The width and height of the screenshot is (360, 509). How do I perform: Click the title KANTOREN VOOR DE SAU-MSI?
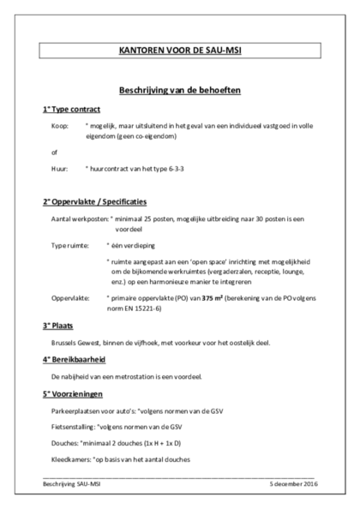179,51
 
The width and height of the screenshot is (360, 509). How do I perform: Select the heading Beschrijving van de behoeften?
179,89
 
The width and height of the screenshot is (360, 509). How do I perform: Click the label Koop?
60,126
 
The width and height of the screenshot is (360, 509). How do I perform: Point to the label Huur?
60,169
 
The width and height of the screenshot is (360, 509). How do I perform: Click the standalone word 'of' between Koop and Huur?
54,152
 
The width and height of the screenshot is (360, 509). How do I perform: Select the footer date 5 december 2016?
291,483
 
